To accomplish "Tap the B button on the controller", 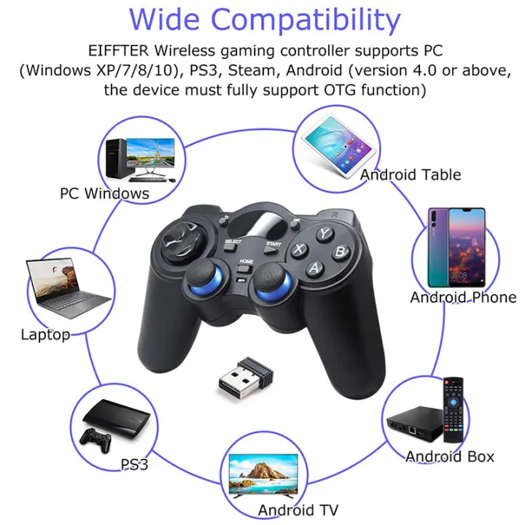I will pyautogui.click(x=339, y=252).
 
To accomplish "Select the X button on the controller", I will pyautogui.click(x=299, y=249).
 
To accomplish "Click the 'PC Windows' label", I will pyautogui.click(x=104, y=193).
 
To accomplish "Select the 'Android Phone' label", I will pyautogui.click(x=463, y=297).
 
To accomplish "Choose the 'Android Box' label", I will pyautogui.click(x=450, y=456).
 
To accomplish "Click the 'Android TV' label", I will pyautogui.click(x=298, y=509).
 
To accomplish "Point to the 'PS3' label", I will pyautogui.click(x=134, y=464).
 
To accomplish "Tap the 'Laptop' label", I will pyautogui.click(x=45, y=335).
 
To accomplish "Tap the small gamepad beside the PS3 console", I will pyautogui.click(x=96, y=439).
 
